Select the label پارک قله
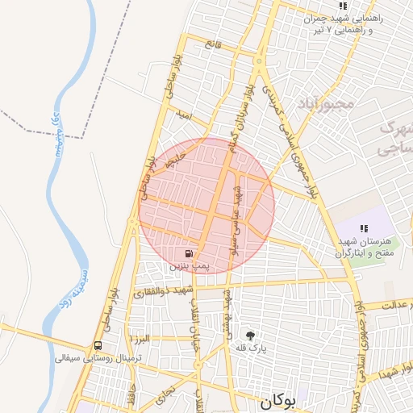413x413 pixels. pyautogui.click(x=252, y=348)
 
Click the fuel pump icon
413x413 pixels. pyautogui.click(x=189, y=252)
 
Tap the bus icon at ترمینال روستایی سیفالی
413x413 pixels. pyautogui.click(x=98, y=345)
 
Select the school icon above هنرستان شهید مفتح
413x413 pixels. pyautogui.click(x=364, y=229)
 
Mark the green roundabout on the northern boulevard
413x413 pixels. pyautogui.click(x=260, y=60)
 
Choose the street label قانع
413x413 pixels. pyautogui.click(x=214, y=44)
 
